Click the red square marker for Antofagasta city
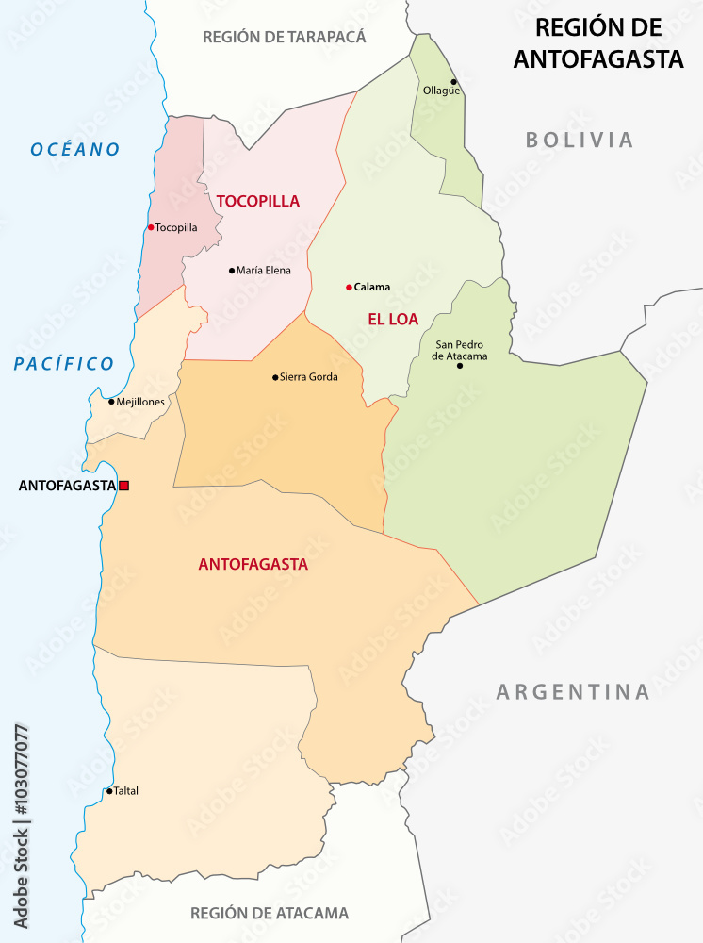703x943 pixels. [123, 486]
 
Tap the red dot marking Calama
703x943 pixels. [349, 287]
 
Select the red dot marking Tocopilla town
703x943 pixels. [151, 227]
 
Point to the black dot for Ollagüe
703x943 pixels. [453, 82]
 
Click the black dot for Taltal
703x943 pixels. [109, 791]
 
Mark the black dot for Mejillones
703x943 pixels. [111, 402]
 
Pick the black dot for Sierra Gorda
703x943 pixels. [275, 377]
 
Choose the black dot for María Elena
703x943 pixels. [232, 271]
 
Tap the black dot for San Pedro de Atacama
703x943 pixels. [460, 365]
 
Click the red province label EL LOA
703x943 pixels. [393, 319]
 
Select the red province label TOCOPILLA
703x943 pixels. [257, 201]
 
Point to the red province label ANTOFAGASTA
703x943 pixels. [253, 565]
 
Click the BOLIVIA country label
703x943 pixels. [580, 141]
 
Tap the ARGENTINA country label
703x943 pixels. [573, 692]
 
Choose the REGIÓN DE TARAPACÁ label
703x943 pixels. [284, 37]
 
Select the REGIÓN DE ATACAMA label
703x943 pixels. [270, 913]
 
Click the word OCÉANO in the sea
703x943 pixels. [75, 149]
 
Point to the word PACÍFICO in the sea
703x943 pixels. [64, 364]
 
